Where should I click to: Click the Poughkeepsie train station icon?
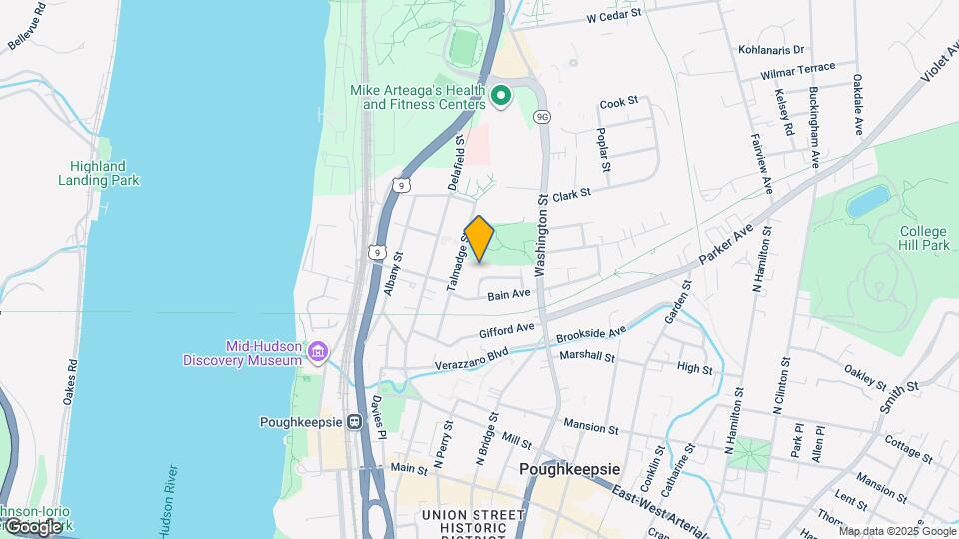[354, 421]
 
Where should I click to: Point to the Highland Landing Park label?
[98, 173]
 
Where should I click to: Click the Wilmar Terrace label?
[797, 74]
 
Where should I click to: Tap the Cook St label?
[618, 103]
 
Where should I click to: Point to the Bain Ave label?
[509, 294]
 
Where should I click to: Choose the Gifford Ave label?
[506, 328]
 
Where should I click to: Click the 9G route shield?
[542, 117]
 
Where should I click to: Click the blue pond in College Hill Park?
[868, 200]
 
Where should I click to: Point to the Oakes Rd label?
[70, 382]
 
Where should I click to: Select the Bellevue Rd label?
[27, 27]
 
